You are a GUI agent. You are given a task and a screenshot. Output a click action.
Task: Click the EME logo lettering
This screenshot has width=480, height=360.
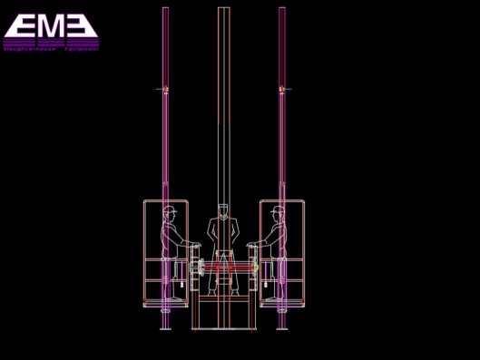(x=51, y=25)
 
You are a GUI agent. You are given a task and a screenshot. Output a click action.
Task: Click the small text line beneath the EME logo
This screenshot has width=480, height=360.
(x=51, y=48)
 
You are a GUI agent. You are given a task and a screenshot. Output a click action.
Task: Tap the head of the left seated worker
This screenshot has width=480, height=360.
(x=169, y=213)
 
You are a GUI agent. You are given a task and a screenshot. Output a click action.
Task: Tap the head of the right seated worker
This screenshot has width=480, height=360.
(x=278, y=213)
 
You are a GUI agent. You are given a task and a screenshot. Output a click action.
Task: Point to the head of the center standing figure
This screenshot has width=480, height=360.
(x=223, y=210)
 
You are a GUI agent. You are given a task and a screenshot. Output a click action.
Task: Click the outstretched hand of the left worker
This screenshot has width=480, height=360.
(x=192, y=246)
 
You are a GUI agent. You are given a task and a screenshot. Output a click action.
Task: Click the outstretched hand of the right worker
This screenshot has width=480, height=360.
(x=254, y=246)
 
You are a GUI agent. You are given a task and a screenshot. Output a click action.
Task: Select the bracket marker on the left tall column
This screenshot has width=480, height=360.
(x=163, y=89)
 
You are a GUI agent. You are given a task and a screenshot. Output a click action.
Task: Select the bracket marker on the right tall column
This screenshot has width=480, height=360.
(x=282, y=89)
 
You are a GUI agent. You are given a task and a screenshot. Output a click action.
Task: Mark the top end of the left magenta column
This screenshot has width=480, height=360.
(x=165, y=9)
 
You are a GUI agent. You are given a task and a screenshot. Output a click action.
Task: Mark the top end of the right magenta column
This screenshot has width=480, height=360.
(x=282, y=9)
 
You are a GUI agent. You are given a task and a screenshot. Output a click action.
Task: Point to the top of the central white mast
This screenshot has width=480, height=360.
(x=223, y=9)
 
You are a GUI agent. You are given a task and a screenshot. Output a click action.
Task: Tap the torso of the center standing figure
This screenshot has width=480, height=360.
(x=223, y=233)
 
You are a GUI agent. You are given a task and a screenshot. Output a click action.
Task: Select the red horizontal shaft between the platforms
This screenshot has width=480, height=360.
(x=223, y=268)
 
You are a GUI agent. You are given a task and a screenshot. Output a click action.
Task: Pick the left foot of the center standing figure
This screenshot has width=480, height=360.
(x=212, y=293)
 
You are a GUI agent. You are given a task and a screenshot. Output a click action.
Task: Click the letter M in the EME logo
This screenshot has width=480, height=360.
(x=51, y=25)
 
